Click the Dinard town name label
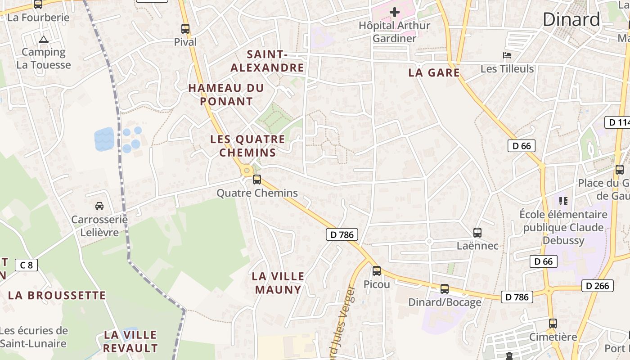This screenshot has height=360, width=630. point(571,20)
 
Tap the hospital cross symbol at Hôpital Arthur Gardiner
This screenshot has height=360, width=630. point(395,12)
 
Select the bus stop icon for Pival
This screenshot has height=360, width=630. point(185,29)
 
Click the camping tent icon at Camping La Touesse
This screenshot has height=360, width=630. point(43,39)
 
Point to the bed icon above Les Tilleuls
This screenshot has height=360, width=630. point(507,56)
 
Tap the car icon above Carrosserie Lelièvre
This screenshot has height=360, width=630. point(99,206)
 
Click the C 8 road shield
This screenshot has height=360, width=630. point(27,265)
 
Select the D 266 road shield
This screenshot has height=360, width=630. point(597,286)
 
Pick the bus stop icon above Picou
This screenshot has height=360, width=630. point(377,271)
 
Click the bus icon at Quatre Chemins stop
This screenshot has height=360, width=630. point(257,180)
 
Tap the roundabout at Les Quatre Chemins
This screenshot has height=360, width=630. point(246,171)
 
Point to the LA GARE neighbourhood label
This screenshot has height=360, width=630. point(434,72)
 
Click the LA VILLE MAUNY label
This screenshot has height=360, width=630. point(278,283)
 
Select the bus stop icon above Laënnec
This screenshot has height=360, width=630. point(477,233)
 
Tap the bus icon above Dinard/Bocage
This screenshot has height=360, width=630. point(445,289)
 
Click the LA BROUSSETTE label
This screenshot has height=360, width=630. point(57,296)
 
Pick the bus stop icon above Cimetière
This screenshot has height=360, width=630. point(553,324)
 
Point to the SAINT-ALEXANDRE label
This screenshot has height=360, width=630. point(267,61)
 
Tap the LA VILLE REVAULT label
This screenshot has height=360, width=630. point(130,342)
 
